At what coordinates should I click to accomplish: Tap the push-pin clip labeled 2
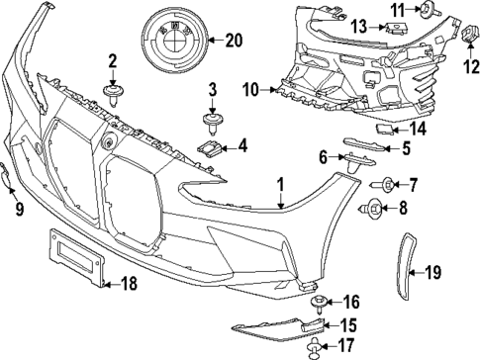click(113, 94)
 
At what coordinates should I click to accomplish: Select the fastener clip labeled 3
click(212, 123)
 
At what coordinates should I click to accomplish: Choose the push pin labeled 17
click(316, 346)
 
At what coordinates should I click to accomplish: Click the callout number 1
click(280, 184)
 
